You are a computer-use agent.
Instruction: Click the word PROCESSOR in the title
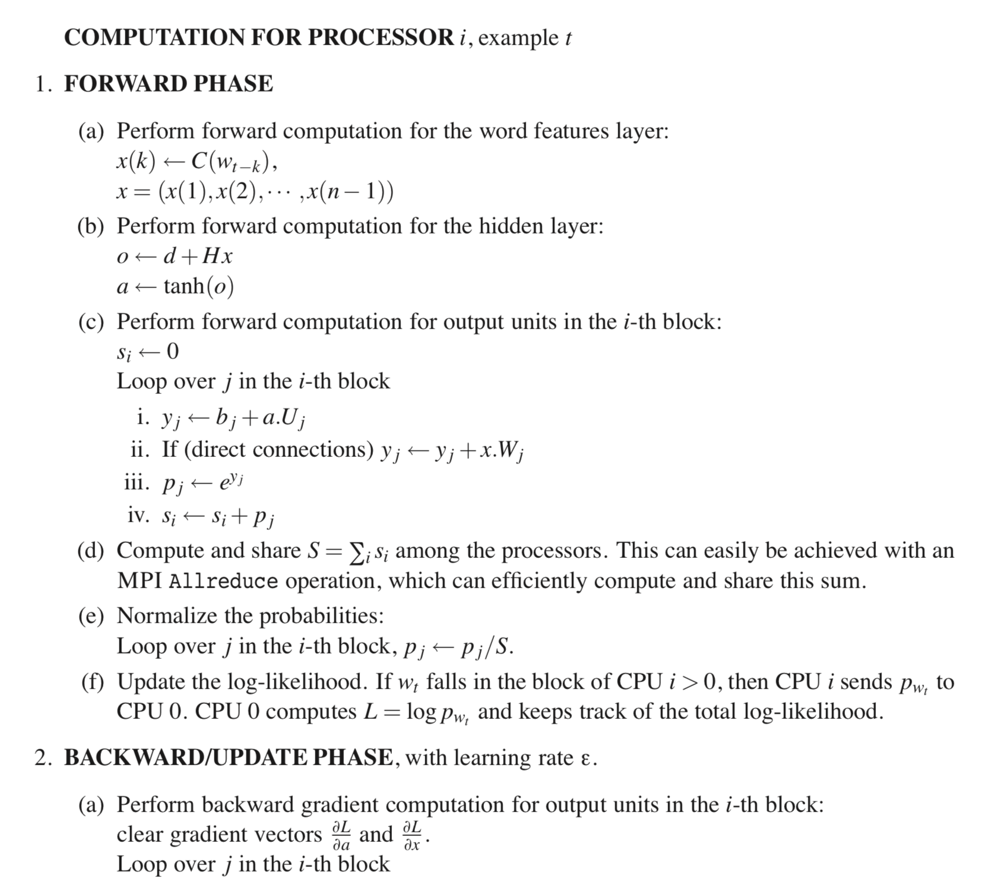(x=381, y=37)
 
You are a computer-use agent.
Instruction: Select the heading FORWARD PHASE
(x=169, y=84)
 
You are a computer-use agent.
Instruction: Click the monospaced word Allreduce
(x=223, y=581)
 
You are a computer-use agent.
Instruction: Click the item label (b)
(x=91, y=226)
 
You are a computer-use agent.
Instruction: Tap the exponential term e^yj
(x=230, y=481)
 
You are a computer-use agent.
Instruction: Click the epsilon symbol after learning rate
(x=585, y=759)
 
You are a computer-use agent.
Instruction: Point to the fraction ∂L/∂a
(x=341, y=835)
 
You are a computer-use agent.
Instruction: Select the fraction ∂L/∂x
(x=412, y=835)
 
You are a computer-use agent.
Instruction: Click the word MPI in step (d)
(x=140, y=580)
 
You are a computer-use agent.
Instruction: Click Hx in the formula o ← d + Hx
(x=217, y=256)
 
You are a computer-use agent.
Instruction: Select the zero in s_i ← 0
(x=172, y=352)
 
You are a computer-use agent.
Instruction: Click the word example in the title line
(x=518, y=38)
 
